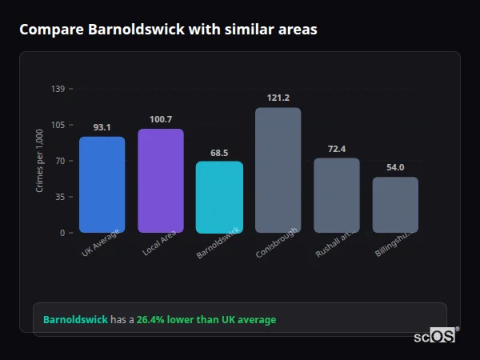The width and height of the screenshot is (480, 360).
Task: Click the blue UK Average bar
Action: tap(102, 185)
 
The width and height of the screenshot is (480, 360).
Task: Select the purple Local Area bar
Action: tap(160, 181)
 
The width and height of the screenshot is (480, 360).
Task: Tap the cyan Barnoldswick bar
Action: tap(219, 198)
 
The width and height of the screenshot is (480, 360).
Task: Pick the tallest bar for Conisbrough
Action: tap(278, 170)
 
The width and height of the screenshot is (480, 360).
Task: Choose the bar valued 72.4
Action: tap(336, 195)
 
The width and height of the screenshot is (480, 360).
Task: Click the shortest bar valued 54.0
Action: tap(395, 205)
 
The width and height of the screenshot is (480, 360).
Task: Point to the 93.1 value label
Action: tap(102, 127)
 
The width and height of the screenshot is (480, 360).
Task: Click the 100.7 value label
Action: tap(160, 119)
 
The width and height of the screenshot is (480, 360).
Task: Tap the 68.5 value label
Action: tap(219, 152)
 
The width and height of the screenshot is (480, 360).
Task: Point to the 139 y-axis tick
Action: tap(58, 89)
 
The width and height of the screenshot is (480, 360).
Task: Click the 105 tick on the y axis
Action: tap(58, 125)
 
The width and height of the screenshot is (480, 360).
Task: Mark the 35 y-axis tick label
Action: tap(60, 197)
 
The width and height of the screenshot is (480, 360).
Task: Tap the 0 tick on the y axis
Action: tap(62, 233)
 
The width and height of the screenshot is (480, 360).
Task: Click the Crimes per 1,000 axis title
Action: tap(40, 161)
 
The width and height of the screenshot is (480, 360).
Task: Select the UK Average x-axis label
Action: tap(100, 242)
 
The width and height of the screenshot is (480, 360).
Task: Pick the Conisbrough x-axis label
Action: tap(276, 242)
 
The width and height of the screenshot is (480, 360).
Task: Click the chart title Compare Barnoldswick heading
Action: tap(168, 30)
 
